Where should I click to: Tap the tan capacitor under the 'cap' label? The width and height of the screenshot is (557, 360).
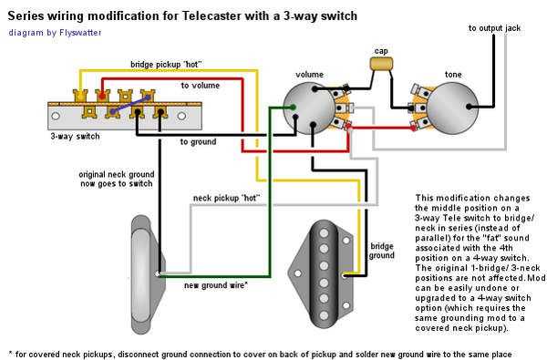point(382,64)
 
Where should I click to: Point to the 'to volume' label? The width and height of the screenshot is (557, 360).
point(200,86)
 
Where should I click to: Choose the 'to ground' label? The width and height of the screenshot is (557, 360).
point(198,142)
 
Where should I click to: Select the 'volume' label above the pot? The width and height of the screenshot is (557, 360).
point(309,73)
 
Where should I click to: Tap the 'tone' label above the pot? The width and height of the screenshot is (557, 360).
point(453,73)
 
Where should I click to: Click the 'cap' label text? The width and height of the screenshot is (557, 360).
point(382,50)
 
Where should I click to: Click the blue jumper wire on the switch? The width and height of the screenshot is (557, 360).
point(114,108)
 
